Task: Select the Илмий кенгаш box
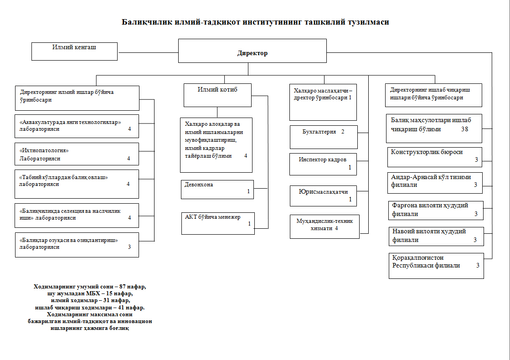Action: click(x=74, y=51)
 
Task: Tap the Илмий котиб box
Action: click(x=217, y=95)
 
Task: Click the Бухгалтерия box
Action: click(x=324, y=137)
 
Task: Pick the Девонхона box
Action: click(x=217, y=189)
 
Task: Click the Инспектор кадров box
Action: click(x=324, y=164)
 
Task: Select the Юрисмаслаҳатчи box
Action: click(x=324, y=196)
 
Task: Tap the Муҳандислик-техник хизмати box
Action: click(x=325, y=226)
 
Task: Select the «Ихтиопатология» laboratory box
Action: click(x=77, y=154)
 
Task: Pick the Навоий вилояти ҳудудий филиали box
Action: click(x=436, y=236)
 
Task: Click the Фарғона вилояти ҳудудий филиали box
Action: click(x=436, y=210)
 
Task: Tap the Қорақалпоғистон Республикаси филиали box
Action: click(x=436, y=265)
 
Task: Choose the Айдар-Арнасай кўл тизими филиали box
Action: click(x=436, y=181)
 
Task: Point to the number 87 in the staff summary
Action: click(x=123, y=287)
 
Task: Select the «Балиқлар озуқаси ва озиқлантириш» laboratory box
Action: click(x=77, y=244)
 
